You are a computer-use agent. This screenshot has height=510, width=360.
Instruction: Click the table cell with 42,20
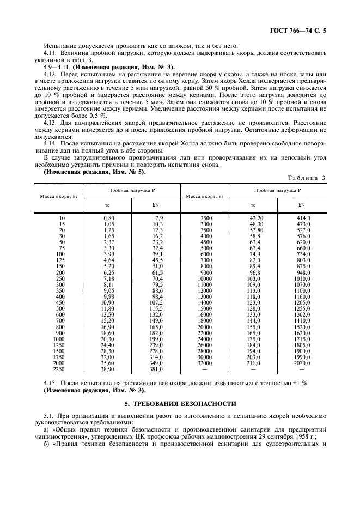tap(255, 218)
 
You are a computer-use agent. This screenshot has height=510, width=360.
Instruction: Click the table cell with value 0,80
tap(109, 218)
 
